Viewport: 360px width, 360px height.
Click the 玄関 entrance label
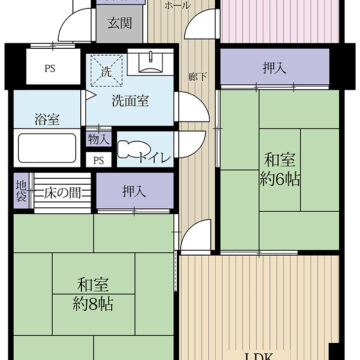click(x=119, y=23)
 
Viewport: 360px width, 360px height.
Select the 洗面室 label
click(x=130, y=99)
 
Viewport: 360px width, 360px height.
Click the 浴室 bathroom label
click(x=46, y=119)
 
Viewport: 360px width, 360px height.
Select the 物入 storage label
click(x=98, y=139)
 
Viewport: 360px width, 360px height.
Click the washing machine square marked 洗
click(x=106, y=72)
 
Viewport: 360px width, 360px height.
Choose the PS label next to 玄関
click(x=47, y=69)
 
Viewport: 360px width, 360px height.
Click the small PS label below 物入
click(x=98, y=159)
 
